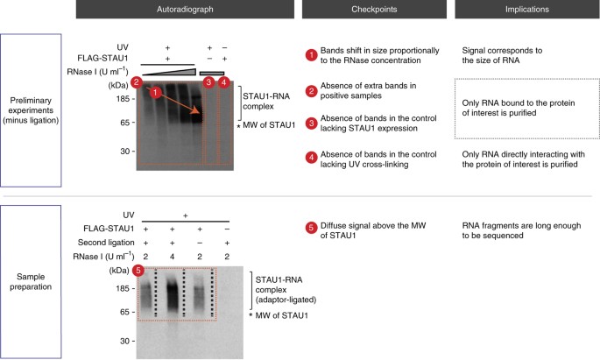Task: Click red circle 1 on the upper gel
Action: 155,92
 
